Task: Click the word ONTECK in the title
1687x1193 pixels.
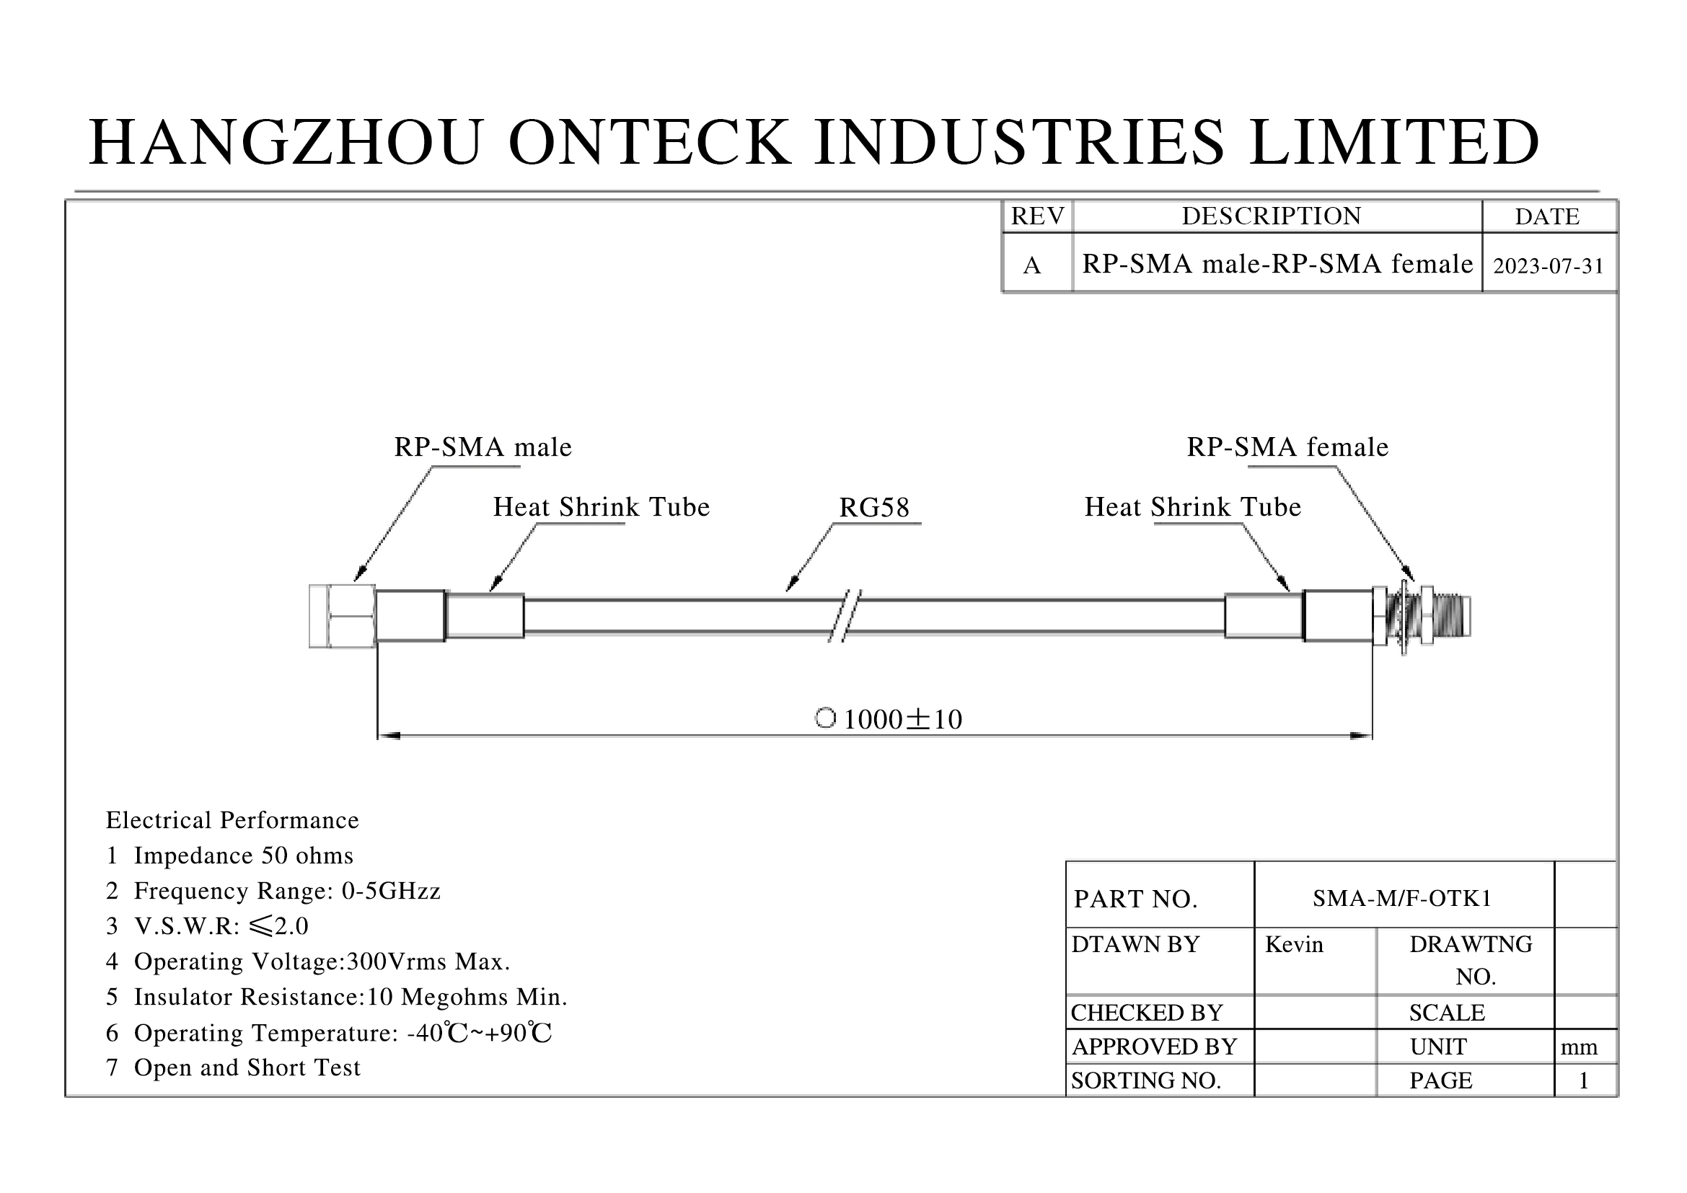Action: (650, 142)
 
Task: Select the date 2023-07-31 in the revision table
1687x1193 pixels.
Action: (1548, 265)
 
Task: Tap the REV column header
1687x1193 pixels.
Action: (1036, 216)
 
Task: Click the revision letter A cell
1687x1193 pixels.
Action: (1031, 265)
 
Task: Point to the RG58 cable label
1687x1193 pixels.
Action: (873, 508)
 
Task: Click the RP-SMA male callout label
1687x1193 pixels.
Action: (483, 447)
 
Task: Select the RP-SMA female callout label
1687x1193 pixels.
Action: (1287, 447)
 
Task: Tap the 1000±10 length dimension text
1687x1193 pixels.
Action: (902, 719)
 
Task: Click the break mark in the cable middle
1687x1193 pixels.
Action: (845, 615)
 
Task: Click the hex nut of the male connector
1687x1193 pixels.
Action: (343, 616)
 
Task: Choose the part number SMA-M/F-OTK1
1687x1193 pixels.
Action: (1402, 898)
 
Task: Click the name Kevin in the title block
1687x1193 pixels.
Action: (1294, 944)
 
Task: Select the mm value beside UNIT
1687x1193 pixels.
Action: (1579, 1047)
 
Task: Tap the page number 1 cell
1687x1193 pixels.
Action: (1583, 1080)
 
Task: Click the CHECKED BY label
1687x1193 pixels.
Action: (1146, 1012)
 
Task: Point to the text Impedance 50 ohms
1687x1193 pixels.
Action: (243, 856)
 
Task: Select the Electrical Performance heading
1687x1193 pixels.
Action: (232, 820)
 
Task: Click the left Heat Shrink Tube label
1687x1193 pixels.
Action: (601, 508)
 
